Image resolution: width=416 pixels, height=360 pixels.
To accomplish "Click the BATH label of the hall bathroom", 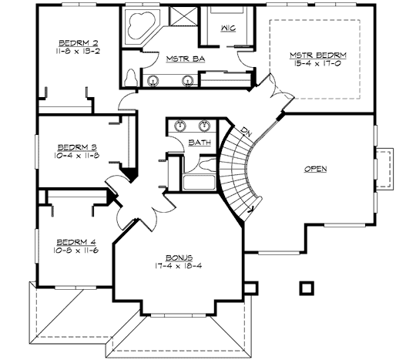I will click(x=200, y=143).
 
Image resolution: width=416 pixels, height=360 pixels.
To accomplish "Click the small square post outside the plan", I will click(x=306, y=288).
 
